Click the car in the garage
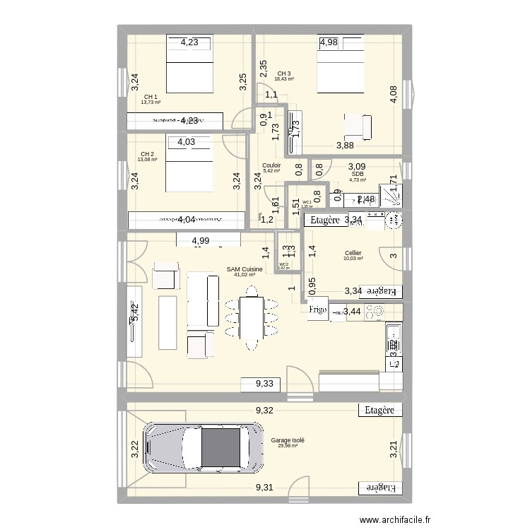pos(201,447)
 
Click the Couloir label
pos(271,166)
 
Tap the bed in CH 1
pos(189,71)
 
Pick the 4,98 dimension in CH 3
pos(329,42)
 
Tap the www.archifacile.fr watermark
pos(395,521)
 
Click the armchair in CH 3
pos(357,127)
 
